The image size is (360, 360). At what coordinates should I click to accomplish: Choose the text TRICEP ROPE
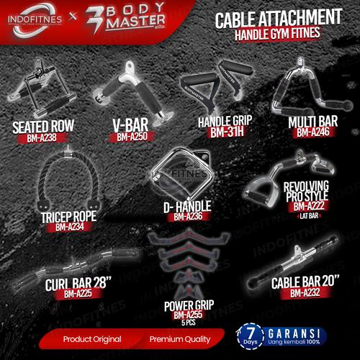point(65,216)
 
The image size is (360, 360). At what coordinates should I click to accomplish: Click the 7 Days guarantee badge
point(250,338)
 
